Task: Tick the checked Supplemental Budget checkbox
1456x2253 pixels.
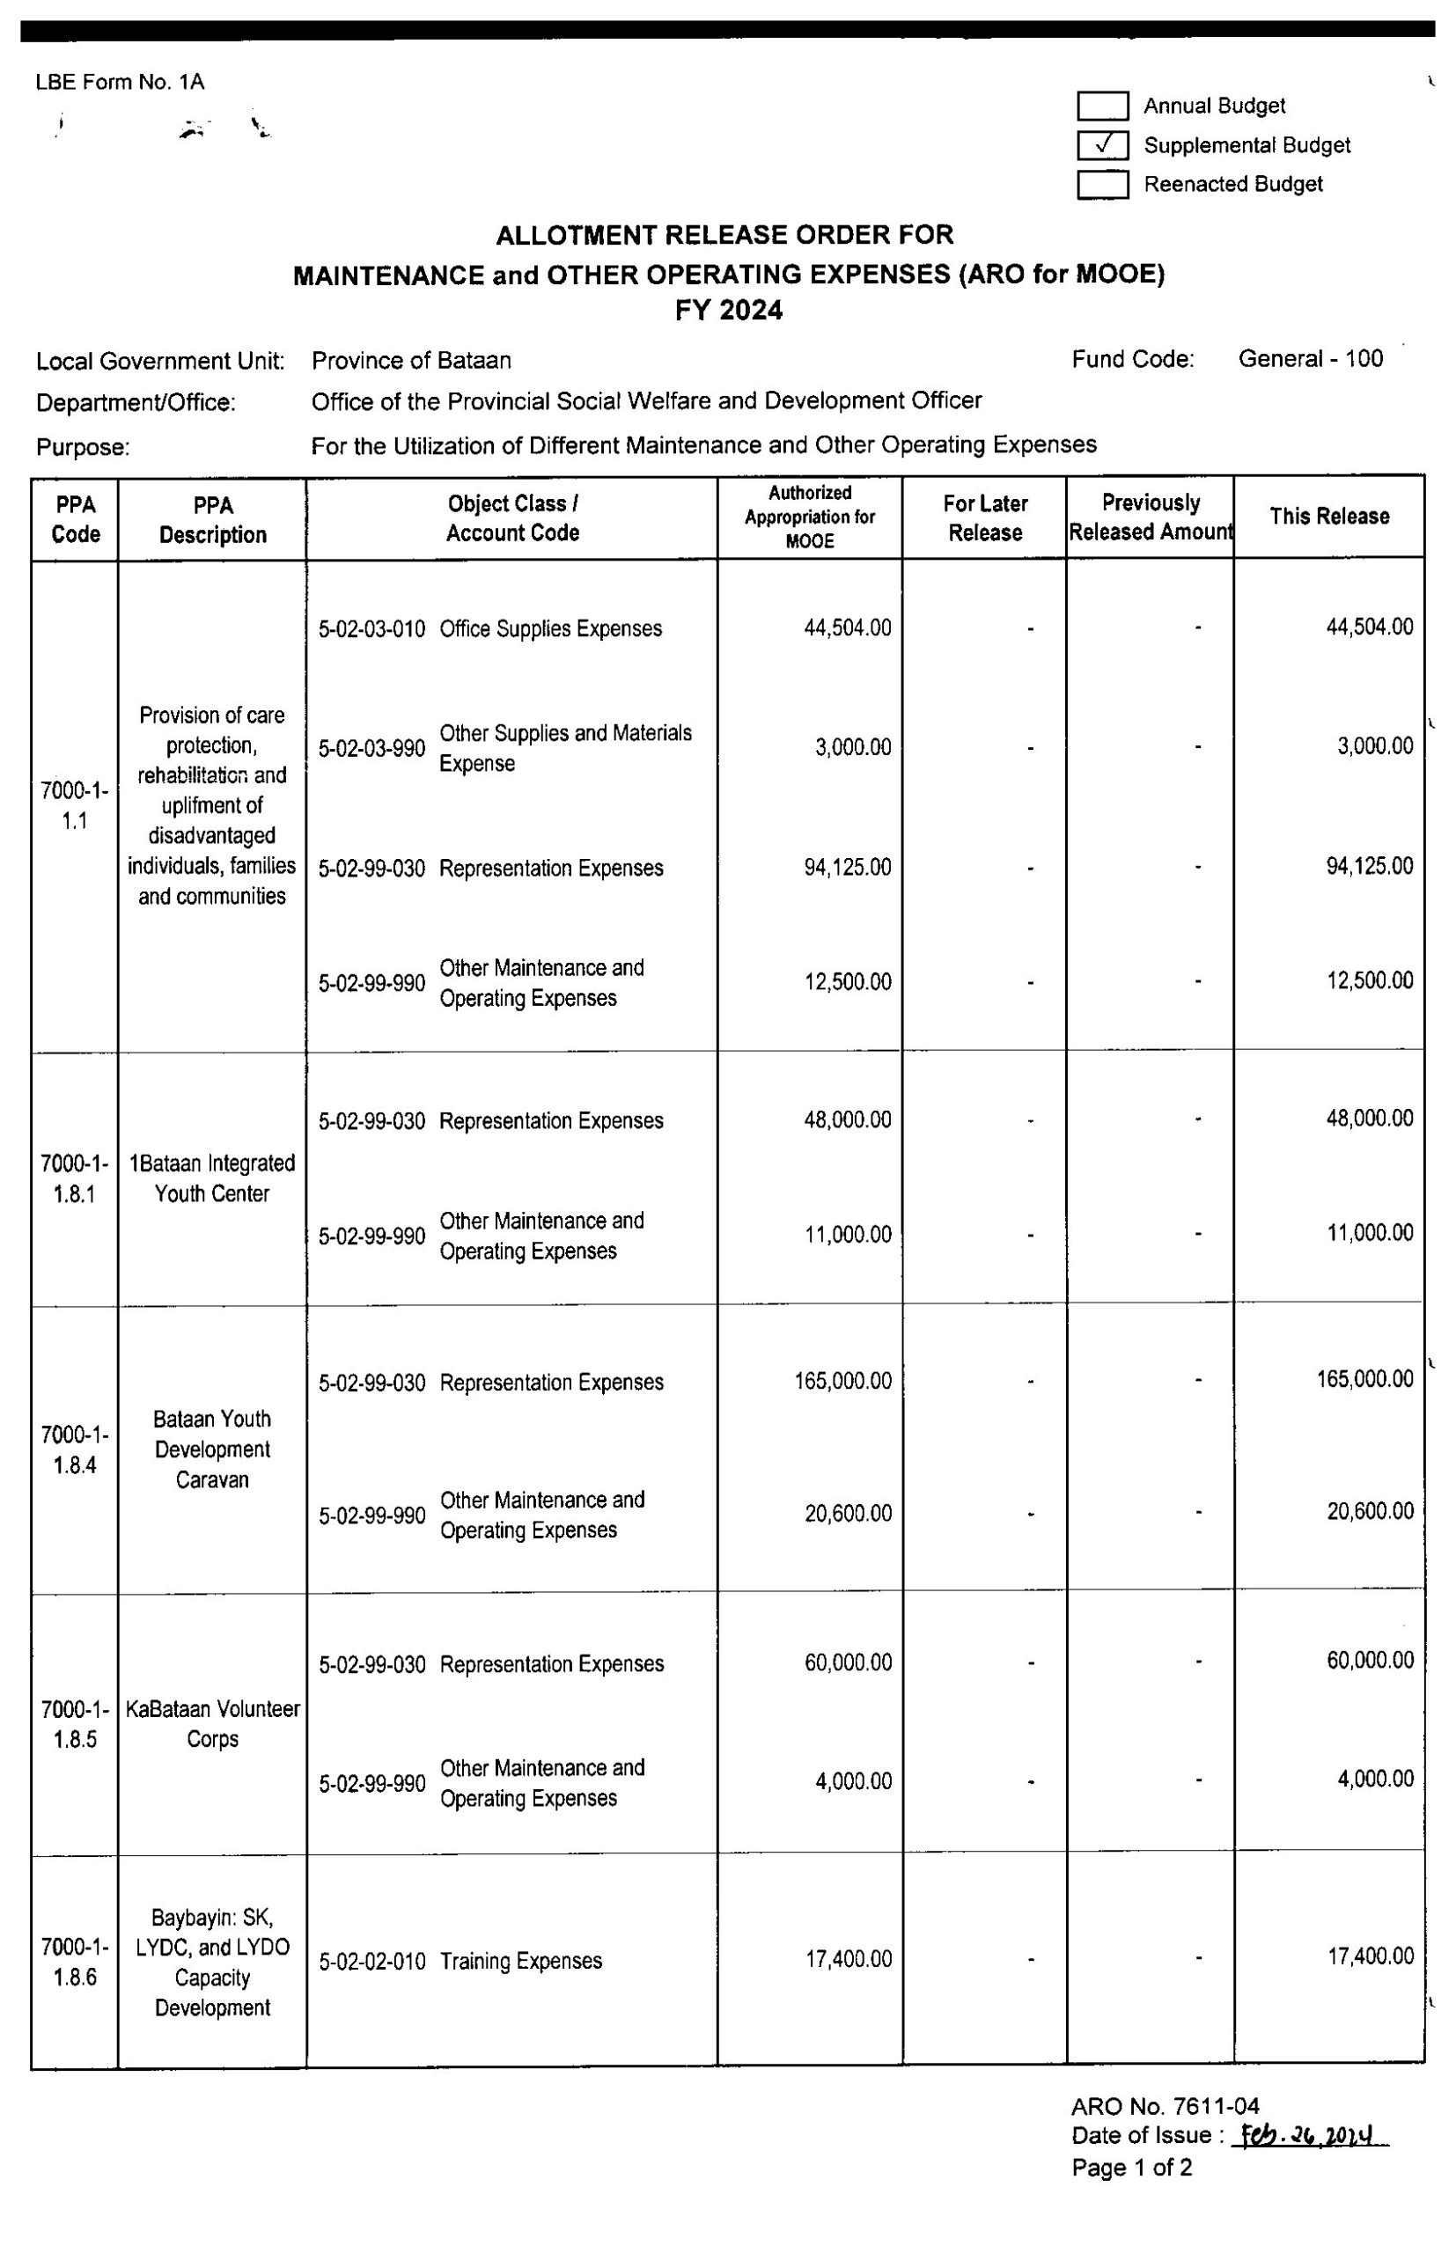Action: coord(1102,144)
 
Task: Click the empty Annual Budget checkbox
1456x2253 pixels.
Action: coord(1102,106)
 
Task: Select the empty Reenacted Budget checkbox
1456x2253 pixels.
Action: coord(1102,184)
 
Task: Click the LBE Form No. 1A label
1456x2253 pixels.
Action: coord(120,82)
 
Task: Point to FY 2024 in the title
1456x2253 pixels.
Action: coord(728,311)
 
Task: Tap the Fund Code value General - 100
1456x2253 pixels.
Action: coord(1311,359)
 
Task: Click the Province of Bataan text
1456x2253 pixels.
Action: coord(411,361)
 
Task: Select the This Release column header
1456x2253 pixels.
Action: coord(1328,516)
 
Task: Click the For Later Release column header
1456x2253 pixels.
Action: coord(984,517)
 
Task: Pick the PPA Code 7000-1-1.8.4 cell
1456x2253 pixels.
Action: coord(75,1449)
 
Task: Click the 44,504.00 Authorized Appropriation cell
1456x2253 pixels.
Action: coord(847,628)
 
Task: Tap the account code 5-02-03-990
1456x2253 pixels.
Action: coord(371,748)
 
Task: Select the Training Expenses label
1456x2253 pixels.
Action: coord(521,1961)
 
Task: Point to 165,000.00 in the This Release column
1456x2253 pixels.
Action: coord(1364,1379)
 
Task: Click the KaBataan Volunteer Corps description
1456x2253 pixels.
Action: coord(213,1724)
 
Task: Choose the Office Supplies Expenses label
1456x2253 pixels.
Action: coord(550,629)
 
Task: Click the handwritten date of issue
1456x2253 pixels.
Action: coord(1313,2135)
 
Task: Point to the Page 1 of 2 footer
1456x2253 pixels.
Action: coord(1132,2167)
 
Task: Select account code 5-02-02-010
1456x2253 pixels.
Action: coord(371,1962)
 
